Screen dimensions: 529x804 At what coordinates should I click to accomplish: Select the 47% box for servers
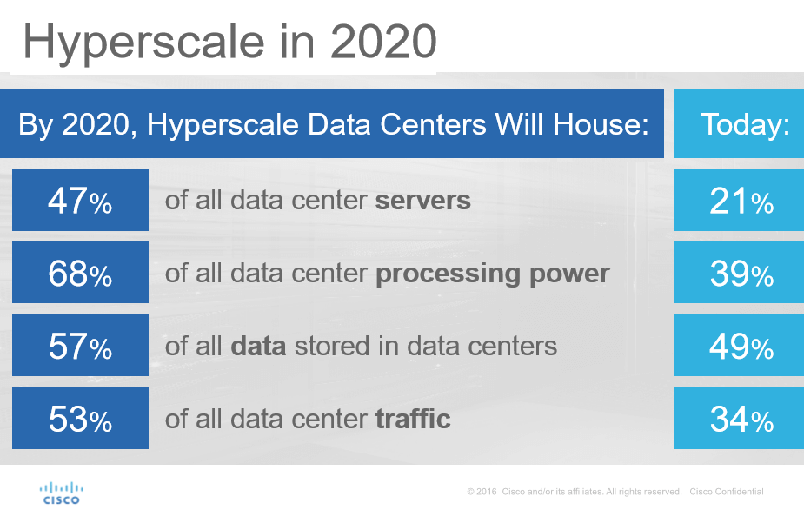pos(80,202)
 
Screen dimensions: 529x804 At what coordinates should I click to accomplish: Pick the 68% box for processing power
pos(80,274)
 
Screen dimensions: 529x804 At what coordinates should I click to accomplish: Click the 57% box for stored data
pos(80,347)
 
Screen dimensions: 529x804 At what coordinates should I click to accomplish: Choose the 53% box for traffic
pos(80,420)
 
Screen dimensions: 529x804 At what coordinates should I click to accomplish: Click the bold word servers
pos(422,202)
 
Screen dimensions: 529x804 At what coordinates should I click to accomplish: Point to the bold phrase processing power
pos(492,274)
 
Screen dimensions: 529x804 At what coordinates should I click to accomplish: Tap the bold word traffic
pos(413,420)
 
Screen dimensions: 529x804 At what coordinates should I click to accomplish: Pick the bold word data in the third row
pos(258,347)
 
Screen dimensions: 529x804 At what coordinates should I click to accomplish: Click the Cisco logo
pos(61,493)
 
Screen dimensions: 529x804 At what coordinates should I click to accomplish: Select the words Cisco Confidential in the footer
pos(727,492)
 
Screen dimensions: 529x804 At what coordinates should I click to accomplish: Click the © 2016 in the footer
pos(482,492)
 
